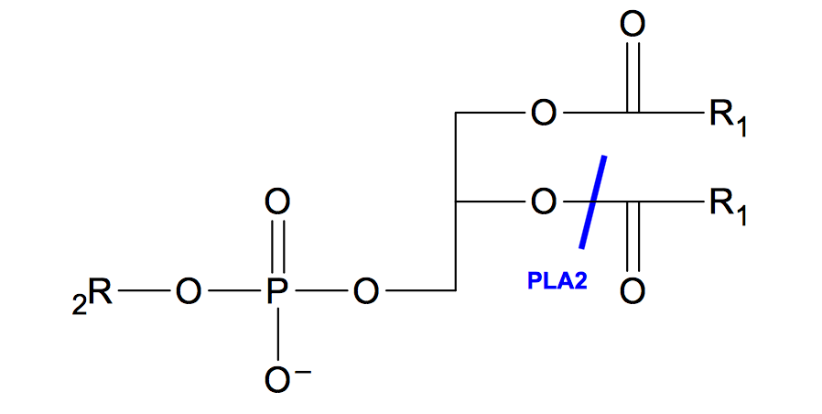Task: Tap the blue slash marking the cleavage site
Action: click(592, 202)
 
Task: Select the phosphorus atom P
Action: click(278, 292)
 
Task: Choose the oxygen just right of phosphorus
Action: click(367, 292)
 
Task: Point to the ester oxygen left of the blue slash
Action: click(544, 202)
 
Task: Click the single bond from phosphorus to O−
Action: click(278, 334)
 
